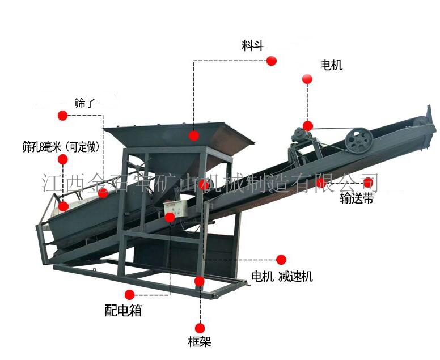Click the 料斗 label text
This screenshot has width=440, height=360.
pos(252,45)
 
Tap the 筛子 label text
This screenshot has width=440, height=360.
pos(85,103)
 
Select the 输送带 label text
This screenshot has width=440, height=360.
pos(357,198)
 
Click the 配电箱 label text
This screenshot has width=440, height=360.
pos(123,310)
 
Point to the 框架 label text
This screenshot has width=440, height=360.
pos(200,341)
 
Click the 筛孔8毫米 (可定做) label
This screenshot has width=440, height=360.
pos(61,147)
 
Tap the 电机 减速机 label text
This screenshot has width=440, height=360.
pos(282,277)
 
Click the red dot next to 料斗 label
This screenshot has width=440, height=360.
pos(272,61)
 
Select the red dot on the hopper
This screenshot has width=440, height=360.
pos(193,135)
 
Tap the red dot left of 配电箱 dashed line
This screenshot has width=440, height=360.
pos(130,295)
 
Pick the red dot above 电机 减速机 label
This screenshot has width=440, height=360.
pos(281,260)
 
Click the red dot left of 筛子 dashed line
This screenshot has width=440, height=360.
pos(62,115)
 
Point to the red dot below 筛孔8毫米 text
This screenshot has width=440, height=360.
pos(62,159)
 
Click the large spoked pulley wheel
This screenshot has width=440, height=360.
pos(358,141)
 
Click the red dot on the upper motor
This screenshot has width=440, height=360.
pos(308,126)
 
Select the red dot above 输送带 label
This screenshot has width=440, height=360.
pos(367,183)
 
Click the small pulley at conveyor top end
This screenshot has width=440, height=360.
pos(420,122)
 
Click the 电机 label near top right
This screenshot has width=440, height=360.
pos(332,65)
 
